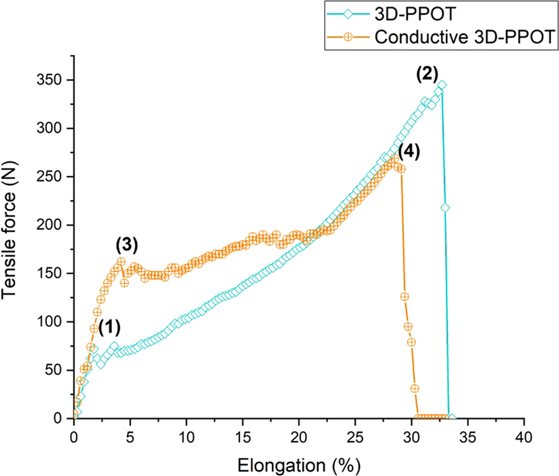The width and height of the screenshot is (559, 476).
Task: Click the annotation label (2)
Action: (428, 73)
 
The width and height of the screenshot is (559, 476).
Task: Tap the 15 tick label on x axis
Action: (243, 438)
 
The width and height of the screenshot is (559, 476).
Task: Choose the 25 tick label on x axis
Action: (355, 438)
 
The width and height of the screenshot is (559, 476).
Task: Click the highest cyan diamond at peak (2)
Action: (441, 85)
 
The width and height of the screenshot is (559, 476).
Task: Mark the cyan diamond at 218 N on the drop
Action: (445, 208)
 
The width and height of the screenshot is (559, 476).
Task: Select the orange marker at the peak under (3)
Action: (121, 262)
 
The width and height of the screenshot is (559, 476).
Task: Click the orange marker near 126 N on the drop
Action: (404, 296)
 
